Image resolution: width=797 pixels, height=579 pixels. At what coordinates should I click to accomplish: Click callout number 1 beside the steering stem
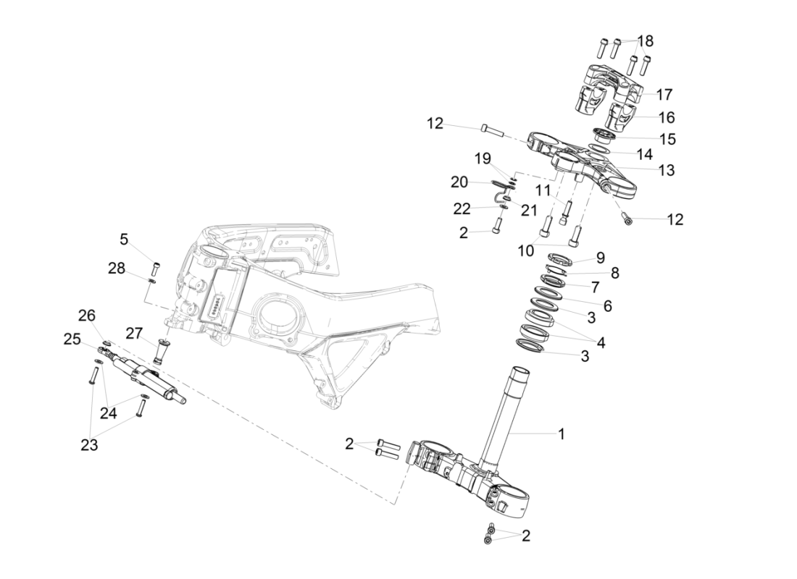[x=560, y=434]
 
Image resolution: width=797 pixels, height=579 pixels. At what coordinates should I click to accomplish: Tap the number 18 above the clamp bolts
[x=645, y=41]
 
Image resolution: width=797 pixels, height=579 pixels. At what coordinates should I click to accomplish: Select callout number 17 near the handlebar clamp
[x=664, y=94]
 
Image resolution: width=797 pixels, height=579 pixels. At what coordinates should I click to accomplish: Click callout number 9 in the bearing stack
[x=600, y=257]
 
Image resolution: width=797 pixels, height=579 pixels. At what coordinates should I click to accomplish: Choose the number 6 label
[x=607, y=306]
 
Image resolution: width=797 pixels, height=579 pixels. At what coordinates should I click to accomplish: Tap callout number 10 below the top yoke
[x=525, y=250]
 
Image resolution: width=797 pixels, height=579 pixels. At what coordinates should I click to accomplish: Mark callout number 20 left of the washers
[x=459, y=182]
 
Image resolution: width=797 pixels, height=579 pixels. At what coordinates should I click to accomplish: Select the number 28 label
[x=117, y=269]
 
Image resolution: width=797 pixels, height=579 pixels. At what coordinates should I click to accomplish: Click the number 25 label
[x=71, y=339]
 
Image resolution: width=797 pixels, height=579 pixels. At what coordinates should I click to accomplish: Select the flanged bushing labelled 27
[x=160, y=352]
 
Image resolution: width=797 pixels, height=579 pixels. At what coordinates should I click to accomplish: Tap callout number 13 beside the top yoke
[x=667, y=171]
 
